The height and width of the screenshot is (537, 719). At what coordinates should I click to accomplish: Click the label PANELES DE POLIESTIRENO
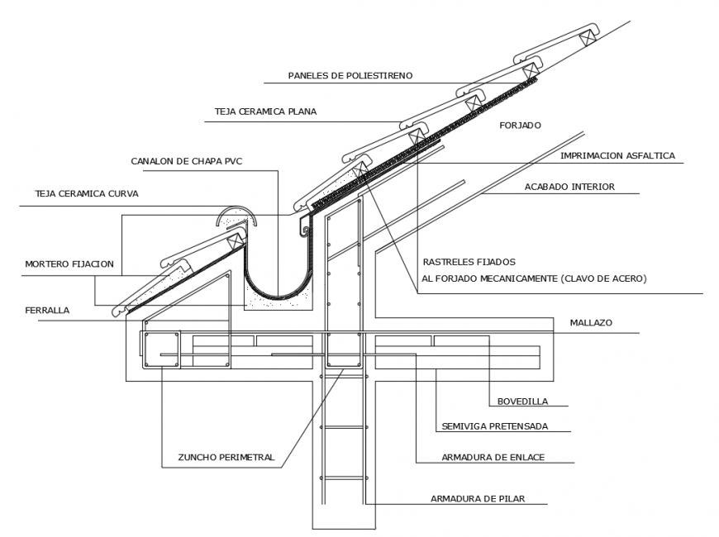click(x=350, y=75)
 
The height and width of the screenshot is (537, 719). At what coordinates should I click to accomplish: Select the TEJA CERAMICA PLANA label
click(x=265, y=111)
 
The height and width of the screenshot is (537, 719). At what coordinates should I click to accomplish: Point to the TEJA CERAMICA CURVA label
click(x=86, y=193)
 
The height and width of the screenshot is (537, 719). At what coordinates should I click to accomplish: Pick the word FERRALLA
click(x=46, y=311)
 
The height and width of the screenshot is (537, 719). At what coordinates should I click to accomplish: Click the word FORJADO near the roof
click(x=520, y=126)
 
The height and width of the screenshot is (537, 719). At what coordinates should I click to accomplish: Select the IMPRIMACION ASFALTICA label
click(x=617, y=155)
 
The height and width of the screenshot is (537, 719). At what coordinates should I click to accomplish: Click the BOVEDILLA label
click(x=521, y=402)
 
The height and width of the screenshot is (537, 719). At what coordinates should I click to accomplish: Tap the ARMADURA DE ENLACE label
click(x=493, y=457)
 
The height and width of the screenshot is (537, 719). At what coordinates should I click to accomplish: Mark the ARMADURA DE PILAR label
click(x=477, y=498)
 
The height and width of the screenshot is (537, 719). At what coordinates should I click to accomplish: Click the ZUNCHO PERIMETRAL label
click(x=226, y=457)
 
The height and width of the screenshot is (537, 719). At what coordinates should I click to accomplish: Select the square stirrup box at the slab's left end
click(x=162, y=349)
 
